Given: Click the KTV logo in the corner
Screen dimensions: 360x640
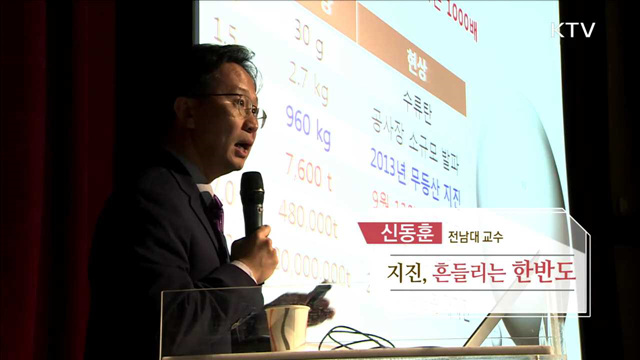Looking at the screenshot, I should pos(573,29).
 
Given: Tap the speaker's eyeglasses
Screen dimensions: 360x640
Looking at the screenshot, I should pos(239,104).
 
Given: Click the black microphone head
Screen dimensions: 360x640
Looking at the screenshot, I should pos(252,191).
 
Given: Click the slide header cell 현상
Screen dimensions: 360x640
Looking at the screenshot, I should pos(412,60).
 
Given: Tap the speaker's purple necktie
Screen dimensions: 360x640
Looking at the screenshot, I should pos(215,211).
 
